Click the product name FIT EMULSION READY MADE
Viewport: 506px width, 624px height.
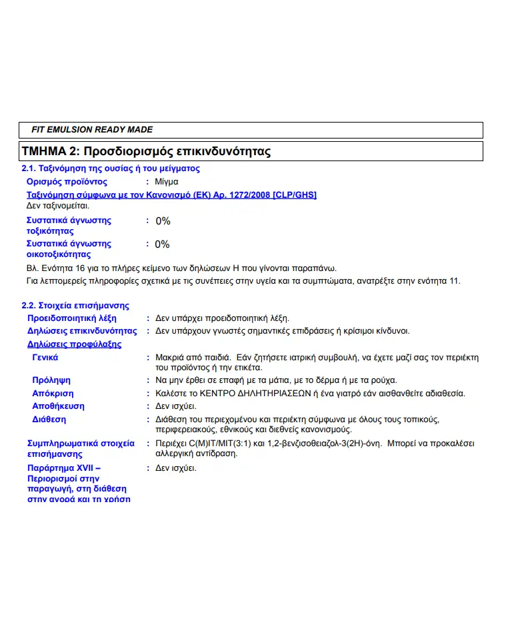[92, 129]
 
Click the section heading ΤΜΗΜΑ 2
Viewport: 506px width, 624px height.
[146, 151]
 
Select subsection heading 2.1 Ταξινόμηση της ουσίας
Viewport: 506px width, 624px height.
[111, 168]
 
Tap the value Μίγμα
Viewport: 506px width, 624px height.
[167, 182]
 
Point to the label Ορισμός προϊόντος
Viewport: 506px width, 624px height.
[67, 182]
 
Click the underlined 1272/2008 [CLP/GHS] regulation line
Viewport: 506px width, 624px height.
[171, 194]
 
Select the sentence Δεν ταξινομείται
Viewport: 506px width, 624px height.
[57, 205]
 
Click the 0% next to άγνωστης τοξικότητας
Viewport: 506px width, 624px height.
[163, 221]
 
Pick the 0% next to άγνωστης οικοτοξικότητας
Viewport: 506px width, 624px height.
[163, 244]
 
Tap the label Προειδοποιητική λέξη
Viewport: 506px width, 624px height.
[71, 318]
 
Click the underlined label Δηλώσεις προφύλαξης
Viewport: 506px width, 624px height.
[74, 344]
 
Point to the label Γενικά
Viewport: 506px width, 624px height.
[45, 358]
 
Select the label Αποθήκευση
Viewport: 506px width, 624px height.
[58, 406]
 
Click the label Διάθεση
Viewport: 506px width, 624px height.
[49, 420]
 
